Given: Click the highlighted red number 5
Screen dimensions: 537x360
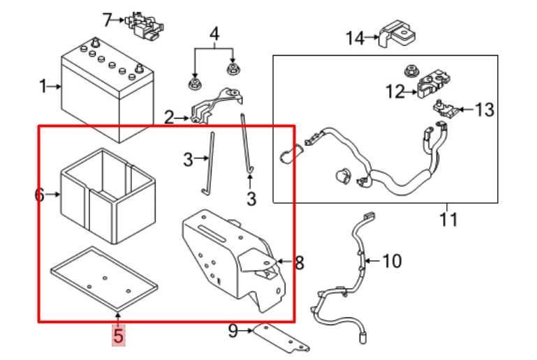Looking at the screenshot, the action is pyautogui.click(x=118, y=336).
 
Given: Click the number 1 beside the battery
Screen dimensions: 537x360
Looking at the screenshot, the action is pyautogui.click(x=43, y=87).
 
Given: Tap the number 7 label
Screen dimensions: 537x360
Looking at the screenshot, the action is pyautogui.click(x=108, y=20).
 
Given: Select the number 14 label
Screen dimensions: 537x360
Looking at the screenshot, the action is pyautogui.click(x=355, y=38).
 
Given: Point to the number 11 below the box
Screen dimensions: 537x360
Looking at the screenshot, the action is pyautogui.click(x=448, y=219).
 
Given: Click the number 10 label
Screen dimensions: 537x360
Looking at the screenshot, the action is pyautogui.click(x=392, y=261).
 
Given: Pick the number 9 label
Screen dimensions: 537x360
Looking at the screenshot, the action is pyautogui.click(x=233, y=331).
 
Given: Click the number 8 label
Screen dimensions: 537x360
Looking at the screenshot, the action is pyautogui.click(x=300, y=262).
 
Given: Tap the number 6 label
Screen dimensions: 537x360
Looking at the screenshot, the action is pyautogui.click(x=39, y=195).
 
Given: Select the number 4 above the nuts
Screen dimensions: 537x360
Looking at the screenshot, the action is pyautogui.click(x=214, y=34).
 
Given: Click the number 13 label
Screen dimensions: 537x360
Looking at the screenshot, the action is pyautogui.click(x=484, y=110).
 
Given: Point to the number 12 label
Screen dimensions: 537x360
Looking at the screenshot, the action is pyautogui.click(x=395, y=91).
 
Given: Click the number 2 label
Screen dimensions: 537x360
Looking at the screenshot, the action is pyautogui.click(x=169, y=118).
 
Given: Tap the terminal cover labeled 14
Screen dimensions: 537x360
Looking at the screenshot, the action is pyautogui.click(x=397, y=34).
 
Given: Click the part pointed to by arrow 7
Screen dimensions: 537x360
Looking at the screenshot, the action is pyautogui.click(x=144, y=24).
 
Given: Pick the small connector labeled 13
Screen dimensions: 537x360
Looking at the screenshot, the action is pyautogui.click(x=445, y=108).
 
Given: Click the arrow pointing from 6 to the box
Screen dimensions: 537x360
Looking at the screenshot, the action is pyautogui.click(x=53, y=195).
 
